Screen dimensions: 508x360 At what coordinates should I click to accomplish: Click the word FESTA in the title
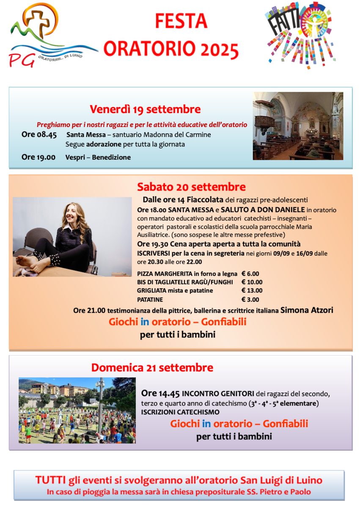(x=181, y=20)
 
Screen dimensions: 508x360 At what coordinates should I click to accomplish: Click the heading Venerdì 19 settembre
(x=145, y=109)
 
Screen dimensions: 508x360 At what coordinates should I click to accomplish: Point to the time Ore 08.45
(x=39, y=135)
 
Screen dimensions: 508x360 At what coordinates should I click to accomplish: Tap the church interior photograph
(x=298, y=126)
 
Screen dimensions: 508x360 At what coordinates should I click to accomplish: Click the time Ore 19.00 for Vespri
(x=38, y=157)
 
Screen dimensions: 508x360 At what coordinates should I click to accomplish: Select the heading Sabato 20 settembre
(x=191, y=187)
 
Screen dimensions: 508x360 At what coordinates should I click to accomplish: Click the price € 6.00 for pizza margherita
(x=250, y=273)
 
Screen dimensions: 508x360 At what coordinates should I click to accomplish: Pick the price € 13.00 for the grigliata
(x=252, y=290)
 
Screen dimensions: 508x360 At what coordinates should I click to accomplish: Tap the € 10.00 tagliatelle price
(x=252, y=282)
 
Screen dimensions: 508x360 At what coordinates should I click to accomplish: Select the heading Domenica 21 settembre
(x=152, y=367)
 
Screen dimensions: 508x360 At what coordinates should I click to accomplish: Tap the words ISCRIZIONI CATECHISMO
(x=180, y=412)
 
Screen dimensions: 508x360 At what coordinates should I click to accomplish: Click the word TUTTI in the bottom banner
(x=50, y=480)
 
